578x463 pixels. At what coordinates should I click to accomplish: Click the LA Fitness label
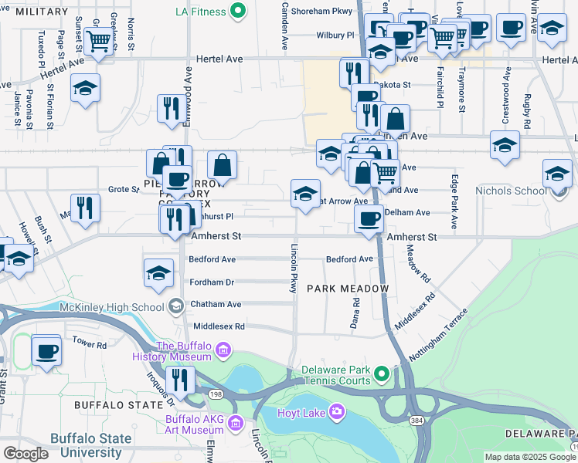[x=200, y=12]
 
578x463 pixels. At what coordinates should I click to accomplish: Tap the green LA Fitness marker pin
[x=238, y=12]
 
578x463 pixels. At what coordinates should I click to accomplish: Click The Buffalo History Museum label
[x=184, y=351]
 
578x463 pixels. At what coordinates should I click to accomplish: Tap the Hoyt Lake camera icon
[x=336, y=412]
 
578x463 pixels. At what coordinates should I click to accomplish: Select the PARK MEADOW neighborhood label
[x=347, y=288]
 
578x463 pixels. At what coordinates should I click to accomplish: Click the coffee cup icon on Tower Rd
[x=47, y=350]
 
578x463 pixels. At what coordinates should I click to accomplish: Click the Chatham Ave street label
[x=217, y=304]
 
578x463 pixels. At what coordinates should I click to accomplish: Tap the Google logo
[x=25, y=454]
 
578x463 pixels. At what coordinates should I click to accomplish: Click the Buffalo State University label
[x=90, y=444]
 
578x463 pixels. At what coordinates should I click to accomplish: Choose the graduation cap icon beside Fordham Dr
[x=158, y=273]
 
